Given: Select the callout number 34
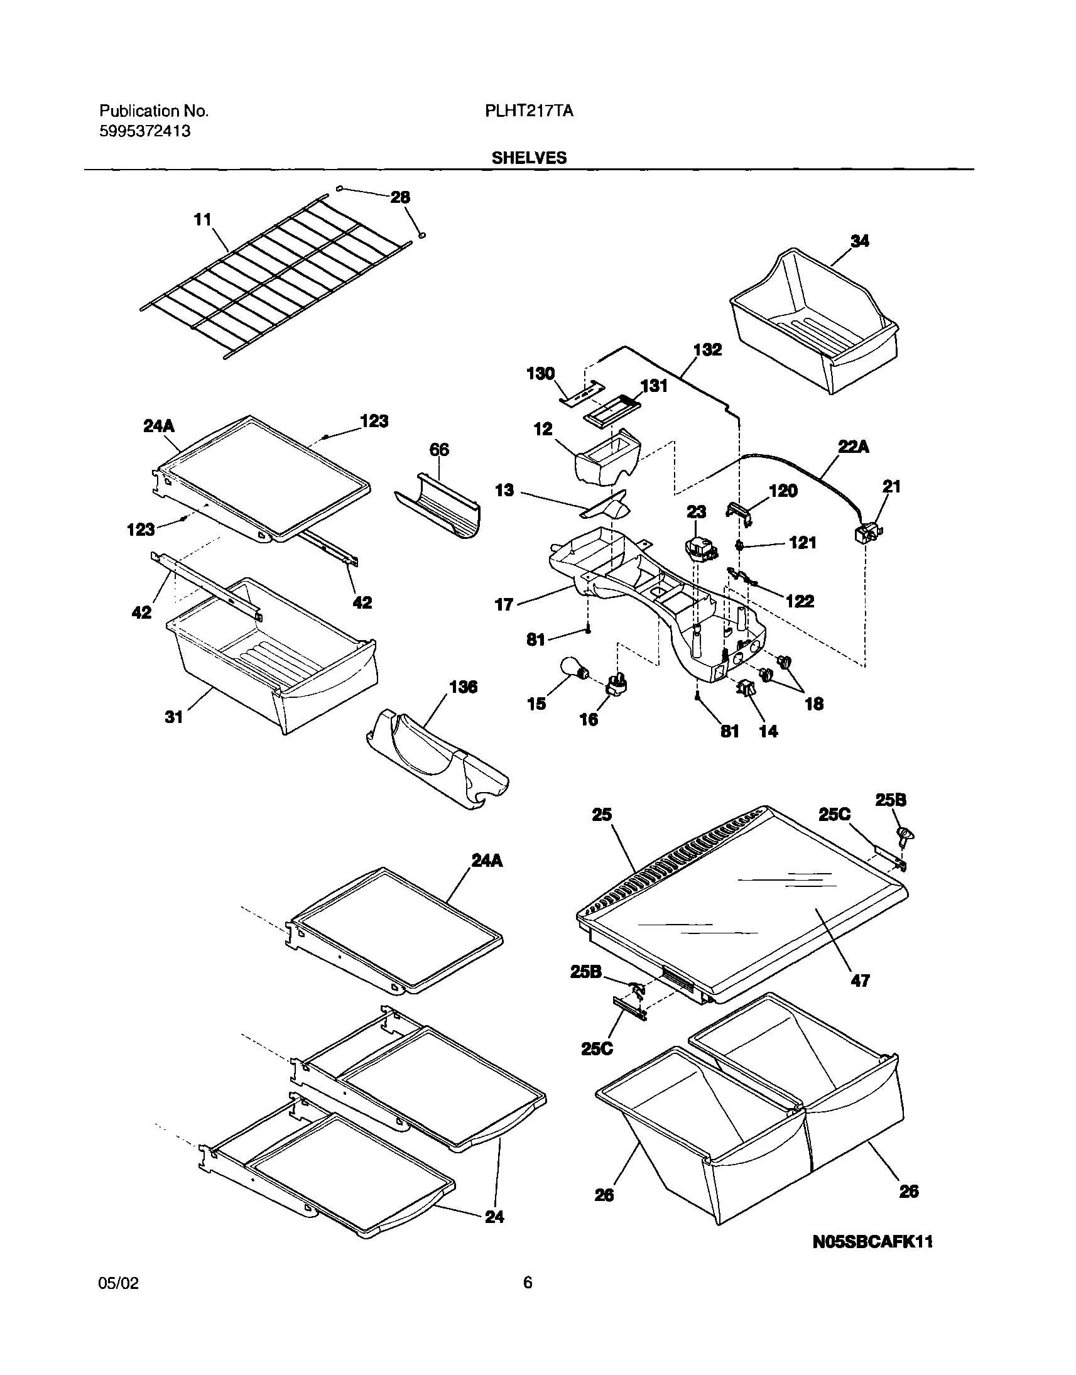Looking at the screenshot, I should (x=859, y=241).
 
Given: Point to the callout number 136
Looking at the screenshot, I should (x=463, y=687).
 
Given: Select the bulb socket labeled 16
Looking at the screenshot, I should (x=616, y=684).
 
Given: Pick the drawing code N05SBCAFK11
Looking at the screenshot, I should (x=872, y=1241).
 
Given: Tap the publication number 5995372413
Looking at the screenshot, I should (x=145, y=131).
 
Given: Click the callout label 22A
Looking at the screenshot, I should (x=854, y=447).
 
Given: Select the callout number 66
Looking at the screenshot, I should (x=439, y=450).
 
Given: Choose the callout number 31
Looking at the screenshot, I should (x=174, y=717).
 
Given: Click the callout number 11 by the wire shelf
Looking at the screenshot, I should (x=202, y=220).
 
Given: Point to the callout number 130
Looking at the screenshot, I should (x=540, y=374).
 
